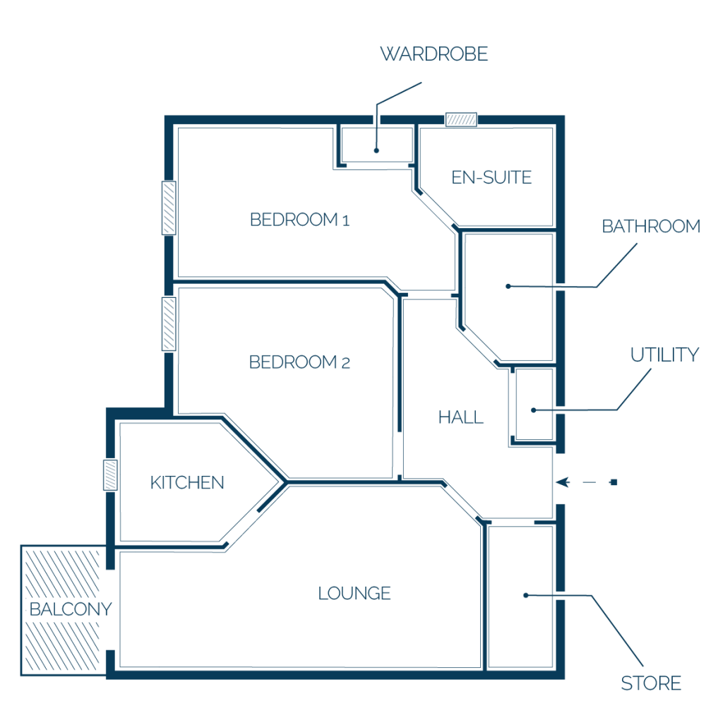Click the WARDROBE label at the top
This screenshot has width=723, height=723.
[434, 54]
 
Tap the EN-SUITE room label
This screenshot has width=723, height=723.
[491, 177]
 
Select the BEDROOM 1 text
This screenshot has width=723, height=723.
[299, 220]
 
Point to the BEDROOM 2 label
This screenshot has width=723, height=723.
[299, 362]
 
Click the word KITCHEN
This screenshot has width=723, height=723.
[187, 483]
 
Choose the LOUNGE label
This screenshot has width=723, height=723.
[354, 593]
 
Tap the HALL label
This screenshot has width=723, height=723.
[460, 417]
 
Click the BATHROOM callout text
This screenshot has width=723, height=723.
[651, 227]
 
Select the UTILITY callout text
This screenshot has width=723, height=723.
[664, 354]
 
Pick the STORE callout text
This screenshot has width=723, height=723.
[651, 683]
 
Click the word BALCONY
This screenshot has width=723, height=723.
[71, 609]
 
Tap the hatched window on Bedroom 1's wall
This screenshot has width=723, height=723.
[169, 208]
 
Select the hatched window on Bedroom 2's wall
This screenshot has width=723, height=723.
[169, 323]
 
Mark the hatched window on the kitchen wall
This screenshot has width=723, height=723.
[110, 475]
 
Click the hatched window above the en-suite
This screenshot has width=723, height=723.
[461, 120]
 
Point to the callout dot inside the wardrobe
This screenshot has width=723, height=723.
[377, 150]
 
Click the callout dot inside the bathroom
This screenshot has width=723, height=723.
[508, 287]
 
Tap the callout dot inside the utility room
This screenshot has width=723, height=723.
[534, 410]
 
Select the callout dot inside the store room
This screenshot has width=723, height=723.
[525, 595]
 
